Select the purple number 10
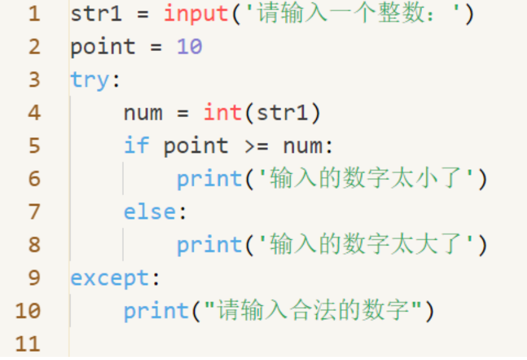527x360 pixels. pos(189,46)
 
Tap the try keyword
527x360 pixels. pos(90,81)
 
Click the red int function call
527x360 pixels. pos(223,112)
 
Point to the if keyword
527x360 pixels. pos(136,145)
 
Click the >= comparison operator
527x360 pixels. pos(257,147)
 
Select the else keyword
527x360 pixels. pos(150,211)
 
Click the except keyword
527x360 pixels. pos(110,278)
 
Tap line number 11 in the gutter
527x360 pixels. pos(28,344)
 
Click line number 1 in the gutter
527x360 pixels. pos(35,14)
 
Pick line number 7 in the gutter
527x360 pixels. pos(35,211)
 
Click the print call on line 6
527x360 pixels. pos(209,179)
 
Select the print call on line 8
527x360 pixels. pos(209,245)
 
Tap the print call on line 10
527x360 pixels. pos(157,311)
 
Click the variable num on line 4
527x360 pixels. pos(143,113)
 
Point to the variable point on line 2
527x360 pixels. pos(103,47)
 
